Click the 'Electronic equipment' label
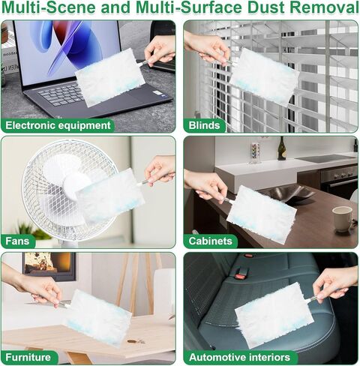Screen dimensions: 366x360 [58, 125]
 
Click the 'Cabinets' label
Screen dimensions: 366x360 [211, 241]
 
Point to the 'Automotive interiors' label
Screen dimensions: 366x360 [238, 357]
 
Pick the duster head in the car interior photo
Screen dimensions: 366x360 [274, 314]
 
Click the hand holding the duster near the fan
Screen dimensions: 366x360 [159, 169]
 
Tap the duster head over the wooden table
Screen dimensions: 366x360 [97, 317]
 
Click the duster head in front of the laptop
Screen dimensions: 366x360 [110, 77]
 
